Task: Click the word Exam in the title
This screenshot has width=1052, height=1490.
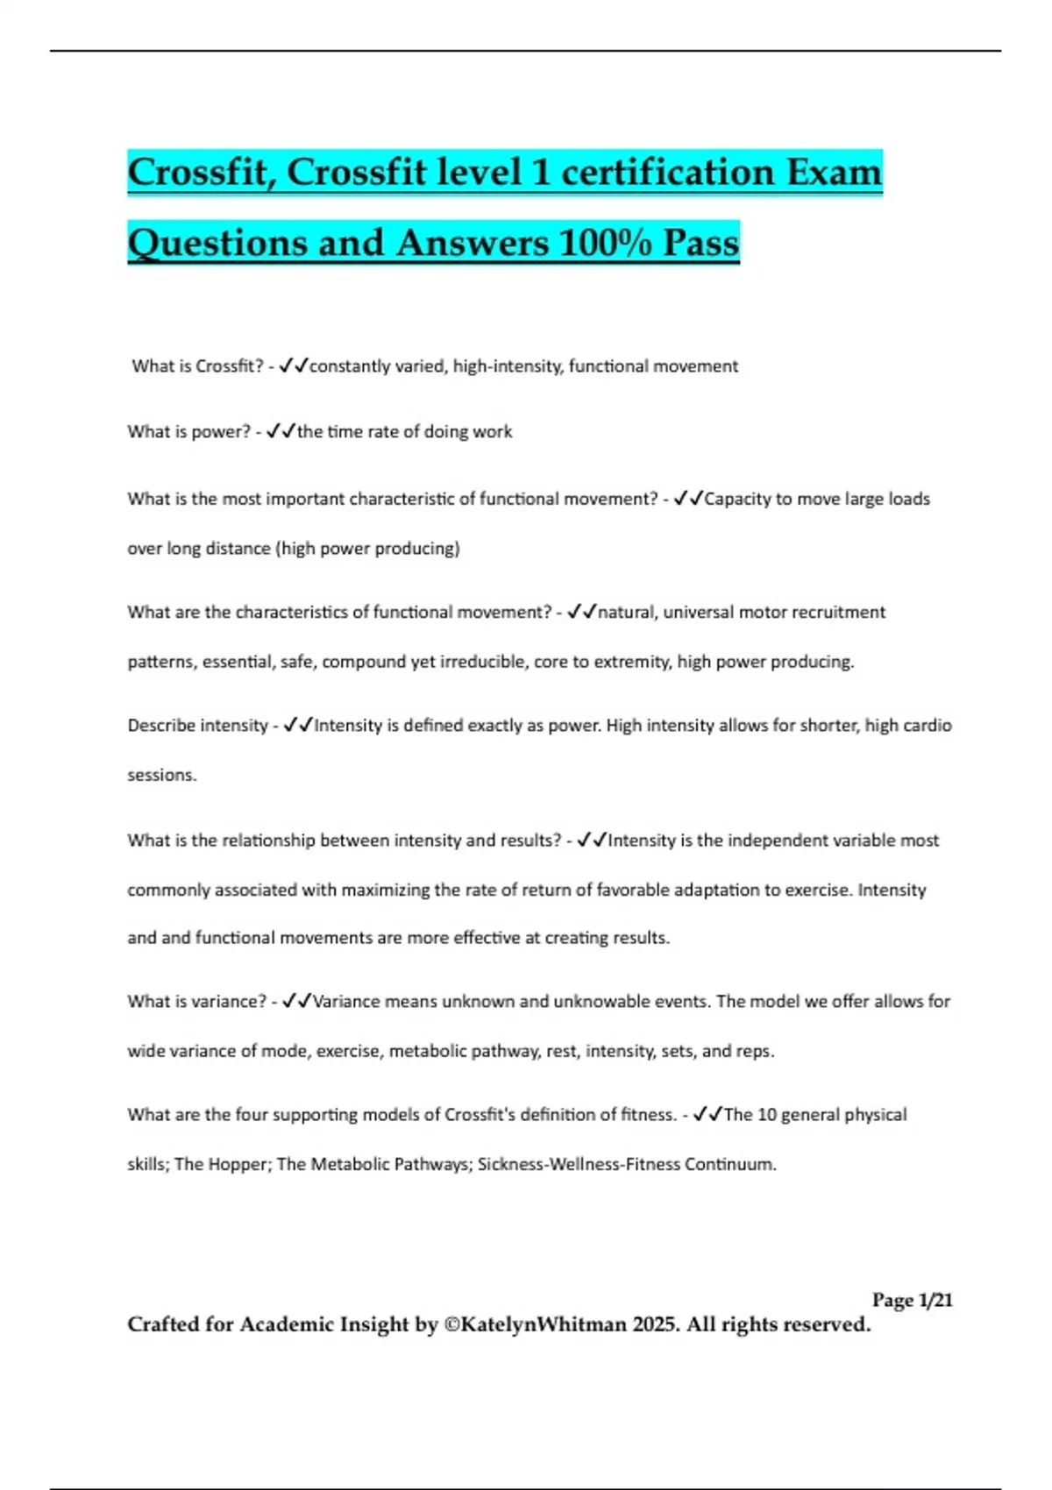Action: pos(834,172)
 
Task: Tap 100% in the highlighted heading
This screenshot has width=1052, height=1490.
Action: pos(604,243)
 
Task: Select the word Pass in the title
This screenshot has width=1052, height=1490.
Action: pos(700,243)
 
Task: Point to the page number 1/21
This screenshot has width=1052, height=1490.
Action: pos(935,1300)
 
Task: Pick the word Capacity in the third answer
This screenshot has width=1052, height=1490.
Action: pos(737,499)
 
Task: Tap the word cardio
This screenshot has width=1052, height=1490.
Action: pos(928,726)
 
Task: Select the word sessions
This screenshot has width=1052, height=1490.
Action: pos(161,775)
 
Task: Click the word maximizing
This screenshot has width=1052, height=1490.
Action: pos(385,890)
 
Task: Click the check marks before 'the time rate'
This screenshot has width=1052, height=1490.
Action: pos(281,431)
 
